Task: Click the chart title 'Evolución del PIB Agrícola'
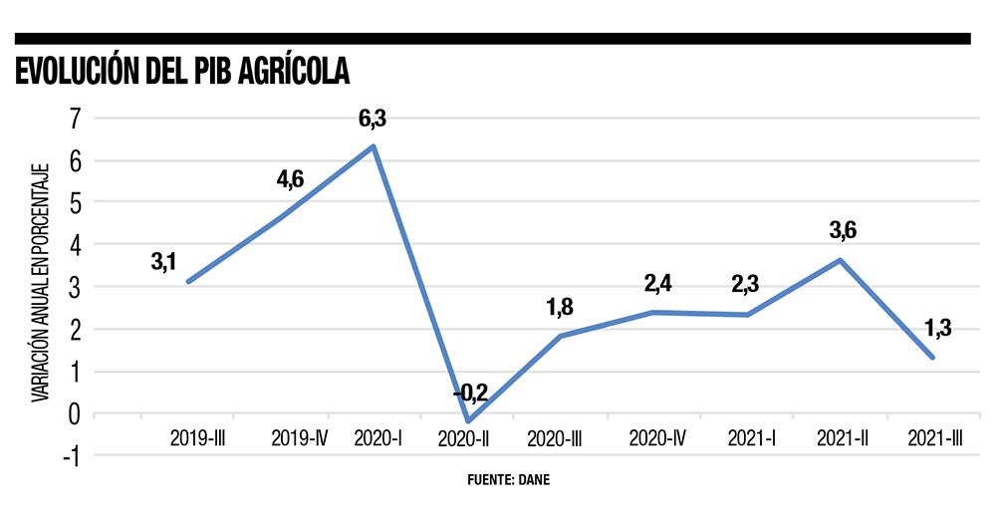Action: tap(179, 73)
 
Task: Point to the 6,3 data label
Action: tap(373, 120)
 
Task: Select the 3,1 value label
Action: tap(164, 263)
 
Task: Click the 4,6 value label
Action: tap(290, 180)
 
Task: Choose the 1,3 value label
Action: tap(936, 327)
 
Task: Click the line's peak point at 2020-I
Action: tap(373, 146)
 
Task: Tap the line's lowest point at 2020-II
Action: tap(467, 421)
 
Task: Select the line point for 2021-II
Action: tap(841, 260)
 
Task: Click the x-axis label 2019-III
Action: tap(198, 437)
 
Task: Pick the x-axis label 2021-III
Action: tap(937, 437)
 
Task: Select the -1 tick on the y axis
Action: tap(70, 455)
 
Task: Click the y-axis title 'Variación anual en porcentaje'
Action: tap(39, 283)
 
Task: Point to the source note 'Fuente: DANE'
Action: tap(508, 479)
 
